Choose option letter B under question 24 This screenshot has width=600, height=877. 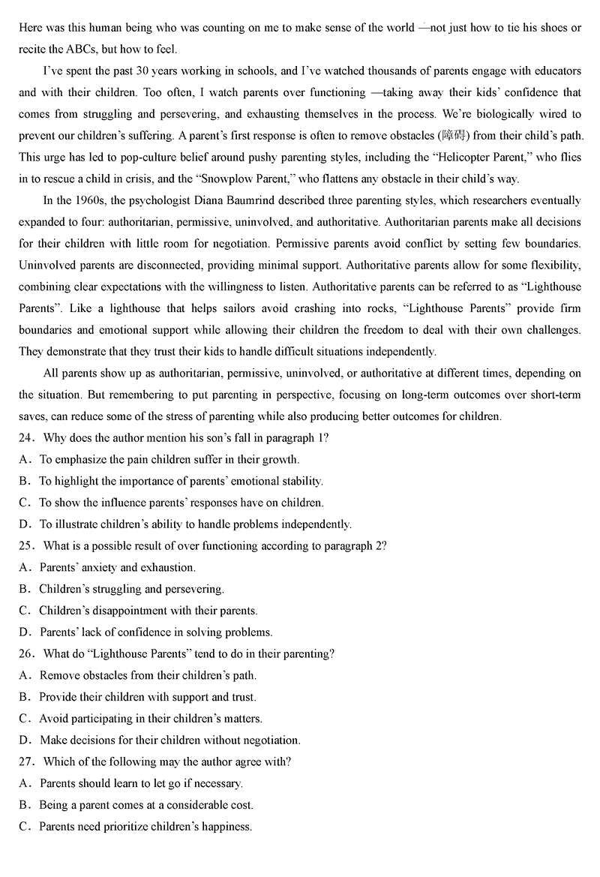pos(24,481)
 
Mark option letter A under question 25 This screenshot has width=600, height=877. pos(24,567)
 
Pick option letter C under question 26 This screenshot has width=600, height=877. pos(24,719)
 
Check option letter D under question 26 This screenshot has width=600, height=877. pos(24,740)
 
